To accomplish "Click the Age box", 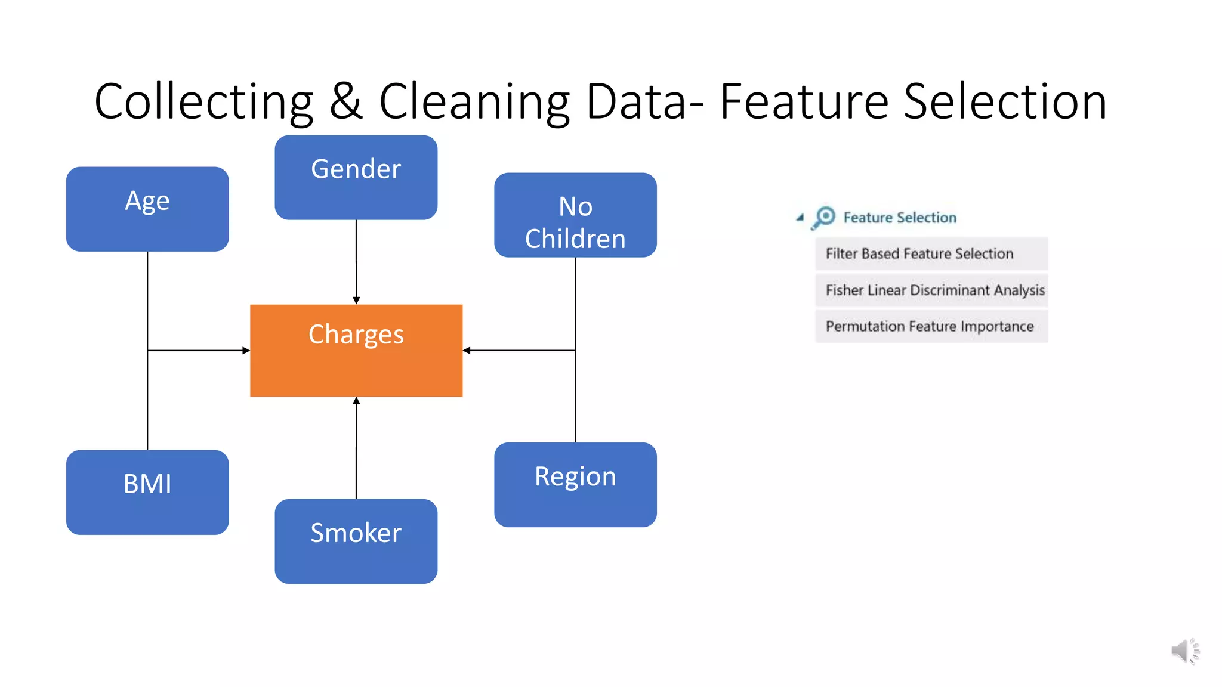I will [147, 209].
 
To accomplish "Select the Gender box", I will [356, 177].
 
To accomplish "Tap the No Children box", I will [575, 215].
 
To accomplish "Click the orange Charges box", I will [356, 351].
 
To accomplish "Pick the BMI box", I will [147, 492].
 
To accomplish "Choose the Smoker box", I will [356, 541].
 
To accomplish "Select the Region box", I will [575, 484].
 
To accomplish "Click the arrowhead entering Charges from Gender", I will [356, 300].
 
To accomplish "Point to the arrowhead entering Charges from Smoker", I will [356, 401].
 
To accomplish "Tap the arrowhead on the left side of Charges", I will [246, 351].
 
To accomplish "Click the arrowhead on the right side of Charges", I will [467, 351].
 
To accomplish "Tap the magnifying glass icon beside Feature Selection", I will [824, 217].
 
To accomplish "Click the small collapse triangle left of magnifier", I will [800, 218].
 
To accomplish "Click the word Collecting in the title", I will [203, 102].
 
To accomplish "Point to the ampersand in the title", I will [345, 102].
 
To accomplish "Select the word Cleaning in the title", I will [474, 102].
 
